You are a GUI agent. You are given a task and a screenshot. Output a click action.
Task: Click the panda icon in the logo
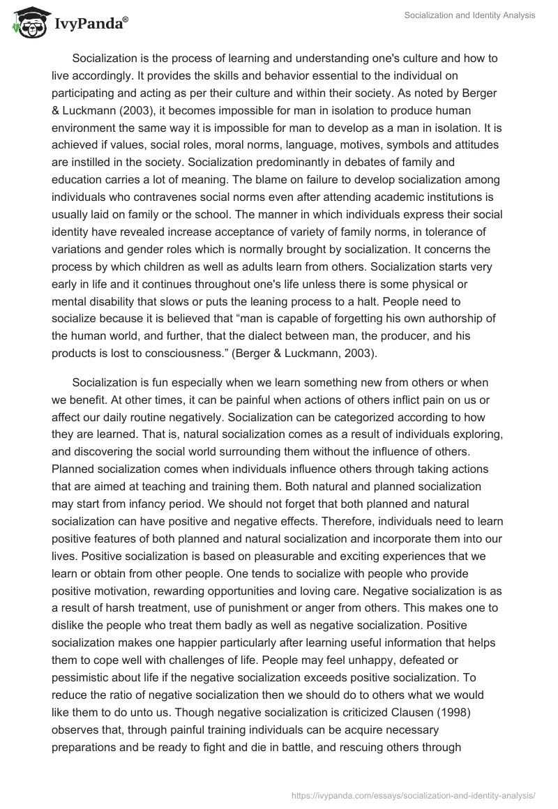click(x=26, y=22)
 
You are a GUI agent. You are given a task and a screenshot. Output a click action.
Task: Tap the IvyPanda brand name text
click(x=90, y=24)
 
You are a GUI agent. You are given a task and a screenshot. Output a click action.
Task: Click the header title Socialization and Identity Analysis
click(x=469, y=15)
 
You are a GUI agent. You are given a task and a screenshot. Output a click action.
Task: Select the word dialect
click(x=221, y=336)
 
